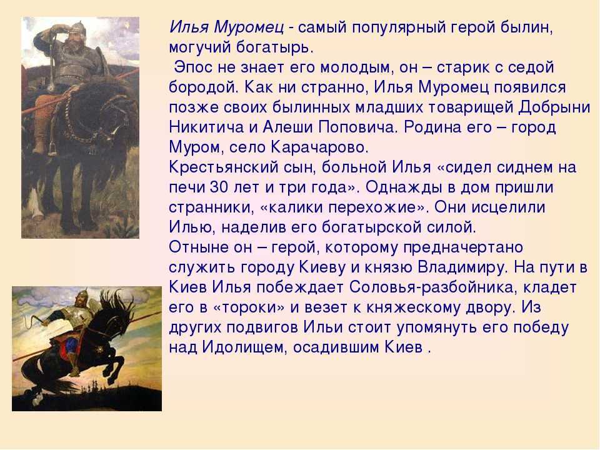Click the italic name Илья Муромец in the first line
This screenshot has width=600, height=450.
pyautogui.click(x=226, y=27)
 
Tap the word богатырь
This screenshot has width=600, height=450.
pyautogui.click(x=274, y=47)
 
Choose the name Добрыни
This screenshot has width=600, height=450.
pyautogui.click(x=554, y=107)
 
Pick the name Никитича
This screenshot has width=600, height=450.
pyautogui.click(x=206, y=127)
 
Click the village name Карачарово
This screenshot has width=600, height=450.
pyautogui.click(x=319, y=147)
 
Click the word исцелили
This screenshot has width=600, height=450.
pyautogui.click(x=508, y=207)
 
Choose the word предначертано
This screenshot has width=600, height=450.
pyautogui.click(x=463, y=248)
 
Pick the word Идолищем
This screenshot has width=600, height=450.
pyautogui.click(x=244, y=347)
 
